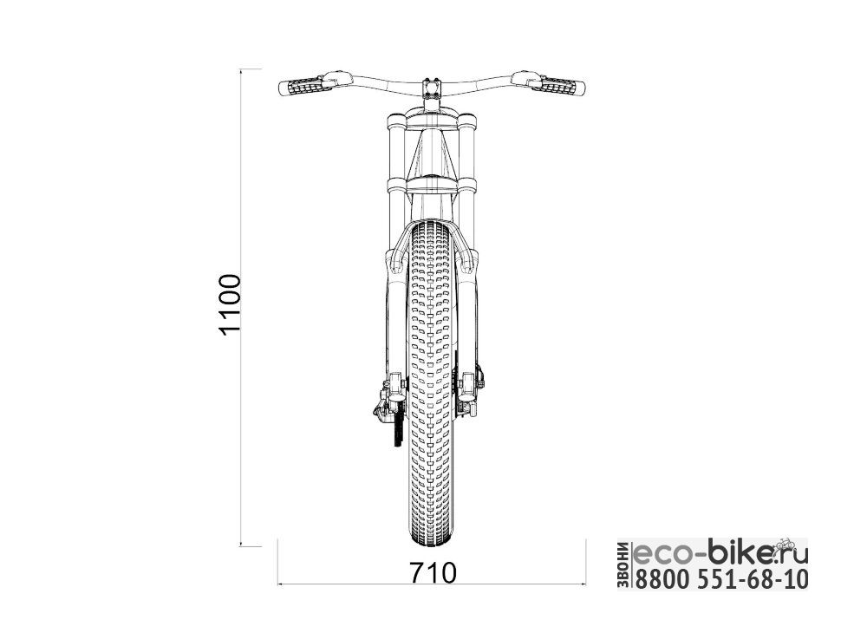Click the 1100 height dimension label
230,304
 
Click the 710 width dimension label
433,573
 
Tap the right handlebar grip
562,87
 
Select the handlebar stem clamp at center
432,88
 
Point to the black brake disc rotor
397,427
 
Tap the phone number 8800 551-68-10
721,579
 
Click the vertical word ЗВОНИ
624,566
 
